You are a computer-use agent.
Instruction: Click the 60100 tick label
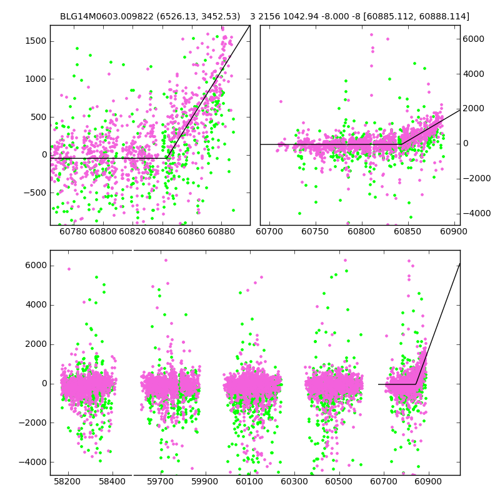(249, 482)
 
